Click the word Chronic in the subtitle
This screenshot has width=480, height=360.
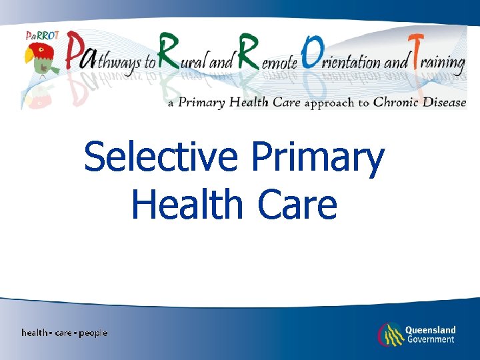point(393,103)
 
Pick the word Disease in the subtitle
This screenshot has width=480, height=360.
point(444,103)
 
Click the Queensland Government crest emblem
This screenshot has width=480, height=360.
point(389,334)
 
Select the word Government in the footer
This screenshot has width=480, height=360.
point(430,339)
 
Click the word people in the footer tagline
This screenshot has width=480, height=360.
point(93,333)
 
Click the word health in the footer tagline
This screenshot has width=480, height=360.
point(35,333)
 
